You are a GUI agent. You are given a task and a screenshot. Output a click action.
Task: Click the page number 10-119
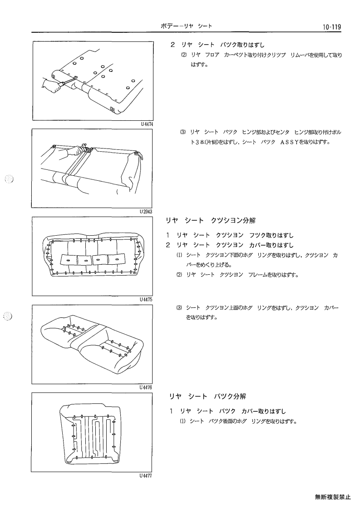(332, 27)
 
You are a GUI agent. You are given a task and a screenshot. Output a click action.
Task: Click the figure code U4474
(147, 124)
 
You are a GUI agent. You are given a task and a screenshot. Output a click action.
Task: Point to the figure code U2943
(146, 212)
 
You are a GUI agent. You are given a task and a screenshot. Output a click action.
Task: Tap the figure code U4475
(146, 300)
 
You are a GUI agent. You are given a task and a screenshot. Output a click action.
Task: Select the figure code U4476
(146, 387)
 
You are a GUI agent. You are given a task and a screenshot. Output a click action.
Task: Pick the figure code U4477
(146, 475)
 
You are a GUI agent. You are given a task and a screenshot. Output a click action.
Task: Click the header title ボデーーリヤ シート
(186, 26)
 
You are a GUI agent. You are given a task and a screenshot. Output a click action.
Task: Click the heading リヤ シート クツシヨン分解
(210, 221)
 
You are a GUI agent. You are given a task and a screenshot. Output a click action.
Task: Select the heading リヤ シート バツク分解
(207, 396)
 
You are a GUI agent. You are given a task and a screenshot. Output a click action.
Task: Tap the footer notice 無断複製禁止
(332, 497)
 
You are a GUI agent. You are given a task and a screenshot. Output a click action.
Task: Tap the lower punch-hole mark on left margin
(9, 316)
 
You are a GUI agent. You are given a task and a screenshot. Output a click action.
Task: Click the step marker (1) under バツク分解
(183, 421)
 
